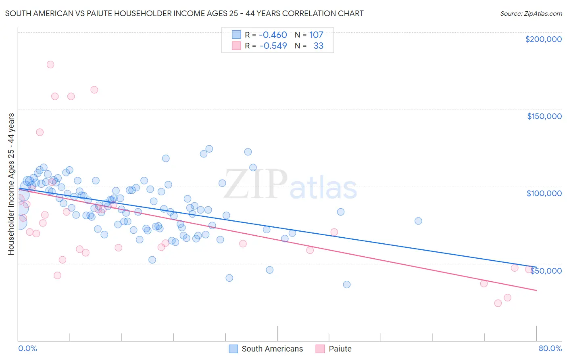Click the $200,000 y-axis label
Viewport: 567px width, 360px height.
click(x=543, y=39)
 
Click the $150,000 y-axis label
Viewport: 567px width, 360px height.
click(x=544, y=116)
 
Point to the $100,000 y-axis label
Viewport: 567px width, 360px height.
click(x=544, y=193)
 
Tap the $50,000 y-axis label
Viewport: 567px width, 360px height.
click(x=546, y=271)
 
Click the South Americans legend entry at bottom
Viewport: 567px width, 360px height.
click(x=266, y=349)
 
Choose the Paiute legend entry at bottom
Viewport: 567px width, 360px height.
click(x=334, y=349)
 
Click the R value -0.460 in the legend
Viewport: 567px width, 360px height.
click(x=273, y=35)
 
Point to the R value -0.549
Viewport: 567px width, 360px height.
click(x=273, y=46)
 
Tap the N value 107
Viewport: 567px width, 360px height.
click(x=316, y=35)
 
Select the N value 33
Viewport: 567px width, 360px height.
click(x=318, y=46)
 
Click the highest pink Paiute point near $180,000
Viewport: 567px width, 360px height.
click(x=50, y=65)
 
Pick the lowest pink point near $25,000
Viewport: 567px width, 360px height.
click(x=498, y=303)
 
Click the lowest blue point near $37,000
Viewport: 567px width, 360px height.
click(x=347, y=285)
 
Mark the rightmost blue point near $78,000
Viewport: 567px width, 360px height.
click(x=418, y=221)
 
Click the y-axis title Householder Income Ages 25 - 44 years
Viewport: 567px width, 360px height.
click(x=11, y=184)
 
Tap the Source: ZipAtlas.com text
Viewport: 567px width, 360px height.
click(x=531, y=14)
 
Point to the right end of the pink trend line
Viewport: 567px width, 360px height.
click(x=536, y=290)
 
